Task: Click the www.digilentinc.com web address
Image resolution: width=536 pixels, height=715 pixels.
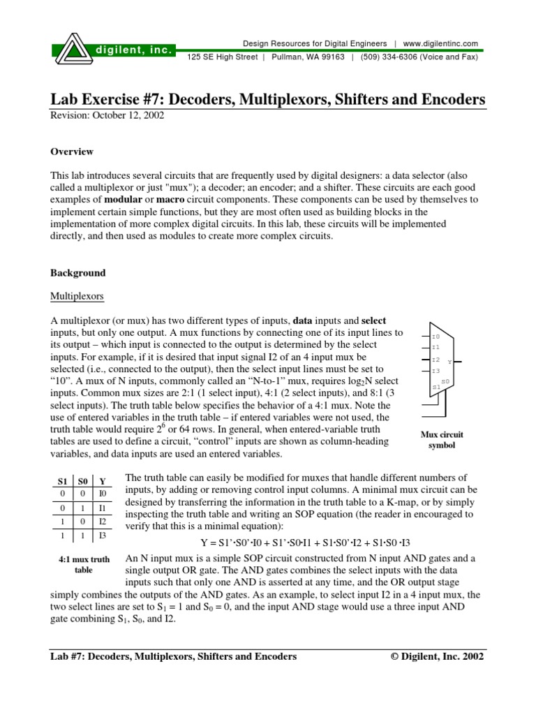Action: [440, 43]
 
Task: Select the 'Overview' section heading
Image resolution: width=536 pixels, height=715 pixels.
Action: [72, 152]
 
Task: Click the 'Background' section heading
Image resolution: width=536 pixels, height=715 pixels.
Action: [77, 273]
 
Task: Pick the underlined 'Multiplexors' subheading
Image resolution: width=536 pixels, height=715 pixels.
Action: [77, 296]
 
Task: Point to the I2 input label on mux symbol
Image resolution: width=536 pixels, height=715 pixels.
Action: [435, 359]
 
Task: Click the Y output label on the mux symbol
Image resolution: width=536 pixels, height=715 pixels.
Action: [449, 362]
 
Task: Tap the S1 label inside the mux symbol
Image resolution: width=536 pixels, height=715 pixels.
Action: [436, 386]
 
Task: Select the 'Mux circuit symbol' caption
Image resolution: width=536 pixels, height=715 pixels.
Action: [442, 440]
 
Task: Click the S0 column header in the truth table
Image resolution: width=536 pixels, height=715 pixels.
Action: [82, 481]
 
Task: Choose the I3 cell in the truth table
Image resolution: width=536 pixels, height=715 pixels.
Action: [102, 536]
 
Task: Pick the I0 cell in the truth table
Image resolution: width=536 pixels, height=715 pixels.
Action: [102, 494]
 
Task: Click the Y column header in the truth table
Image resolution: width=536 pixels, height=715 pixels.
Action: [102, 481]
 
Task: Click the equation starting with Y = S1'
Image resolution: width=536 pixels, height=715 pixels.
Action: [301, 543]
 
